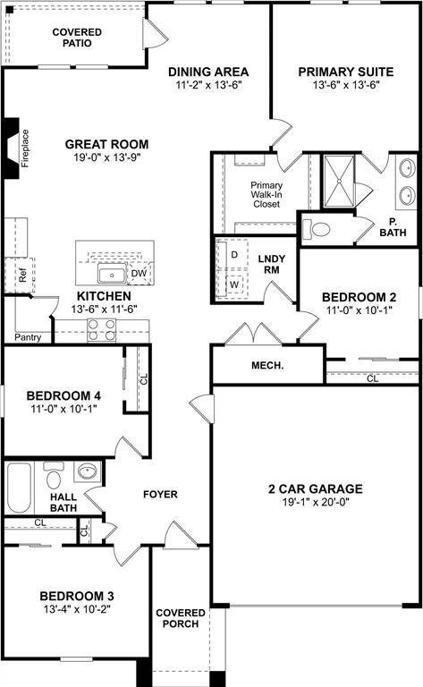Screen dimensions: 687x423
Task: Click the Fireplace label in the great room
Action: (x=25, y=148)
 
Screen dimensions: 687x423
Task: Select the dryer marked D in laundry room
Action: (x=235, y=255)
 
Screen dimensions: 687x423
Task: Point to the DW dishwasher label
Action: (x=139, y=274)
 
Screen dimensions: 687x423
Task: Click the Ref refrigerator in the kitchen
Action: (x=22, y=276)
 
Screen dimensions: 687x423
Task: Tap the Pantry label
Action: (x=27, y=337)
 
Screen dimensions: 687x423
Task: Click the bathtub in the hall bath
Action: (x=20, y=488)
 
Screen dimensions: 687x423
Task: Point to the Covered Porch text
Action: (x=181, y=618)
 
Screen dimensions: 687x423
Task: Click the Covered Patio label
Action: (x=76, y=38)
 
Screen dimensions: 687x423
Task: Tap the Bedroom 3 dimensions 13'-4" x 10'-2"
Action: (x=75, y=609)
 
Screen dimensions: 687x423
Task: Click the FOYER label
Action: (x=160, y=494)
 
